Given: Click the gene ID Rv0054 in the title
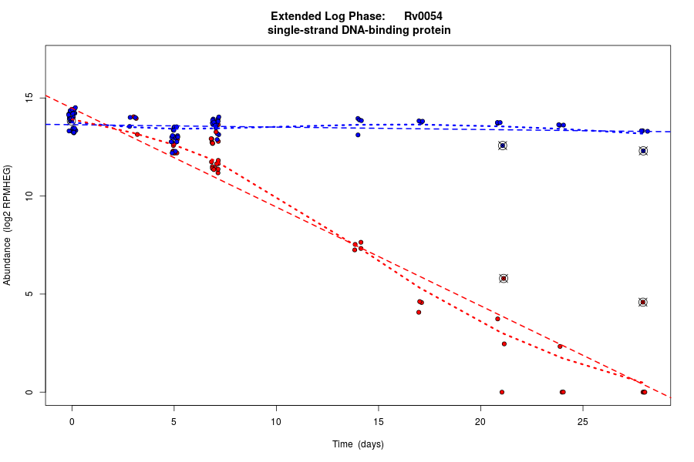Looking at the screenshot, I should pos(423,16).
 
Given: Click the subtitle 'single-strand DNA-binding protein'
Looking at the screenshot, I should pos(359,31).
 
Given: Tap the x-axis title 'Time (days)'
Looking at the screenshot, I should pos(358,444).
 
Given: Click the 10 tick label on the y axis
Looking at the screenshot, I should pos(30,196).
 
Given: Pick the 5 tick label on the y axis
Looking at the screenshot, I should pos(30,294).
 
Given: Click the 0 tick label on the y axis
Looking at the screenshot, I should pos(30,392).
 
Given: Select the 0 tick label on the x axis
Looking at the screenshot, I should pos(72,421).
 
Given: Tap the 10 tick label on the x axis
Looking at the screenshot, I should pos(276,421).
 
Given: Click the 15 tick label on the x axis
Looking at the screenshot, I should pos(378,421).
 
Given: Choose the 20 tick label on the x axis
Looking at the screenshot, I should pos(480,421).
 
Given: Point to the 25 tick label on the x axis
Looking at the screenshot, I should pos(582,421).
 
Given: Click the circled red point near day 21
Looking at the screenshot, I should pos(504,279).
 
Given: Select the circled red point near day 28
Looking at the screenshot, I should pos(643,303).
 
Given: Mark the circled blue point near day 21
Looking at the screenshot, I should pos(503,146).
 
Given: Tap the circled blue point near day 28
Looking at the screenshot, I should pos(643,151).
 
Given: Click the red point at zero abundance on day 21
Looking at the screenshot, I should pos(502,392).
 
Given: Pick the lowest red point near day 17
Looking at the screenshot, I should pos(419,312).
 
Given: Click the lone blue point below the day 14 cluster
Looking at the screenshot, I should pos(358,135).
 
